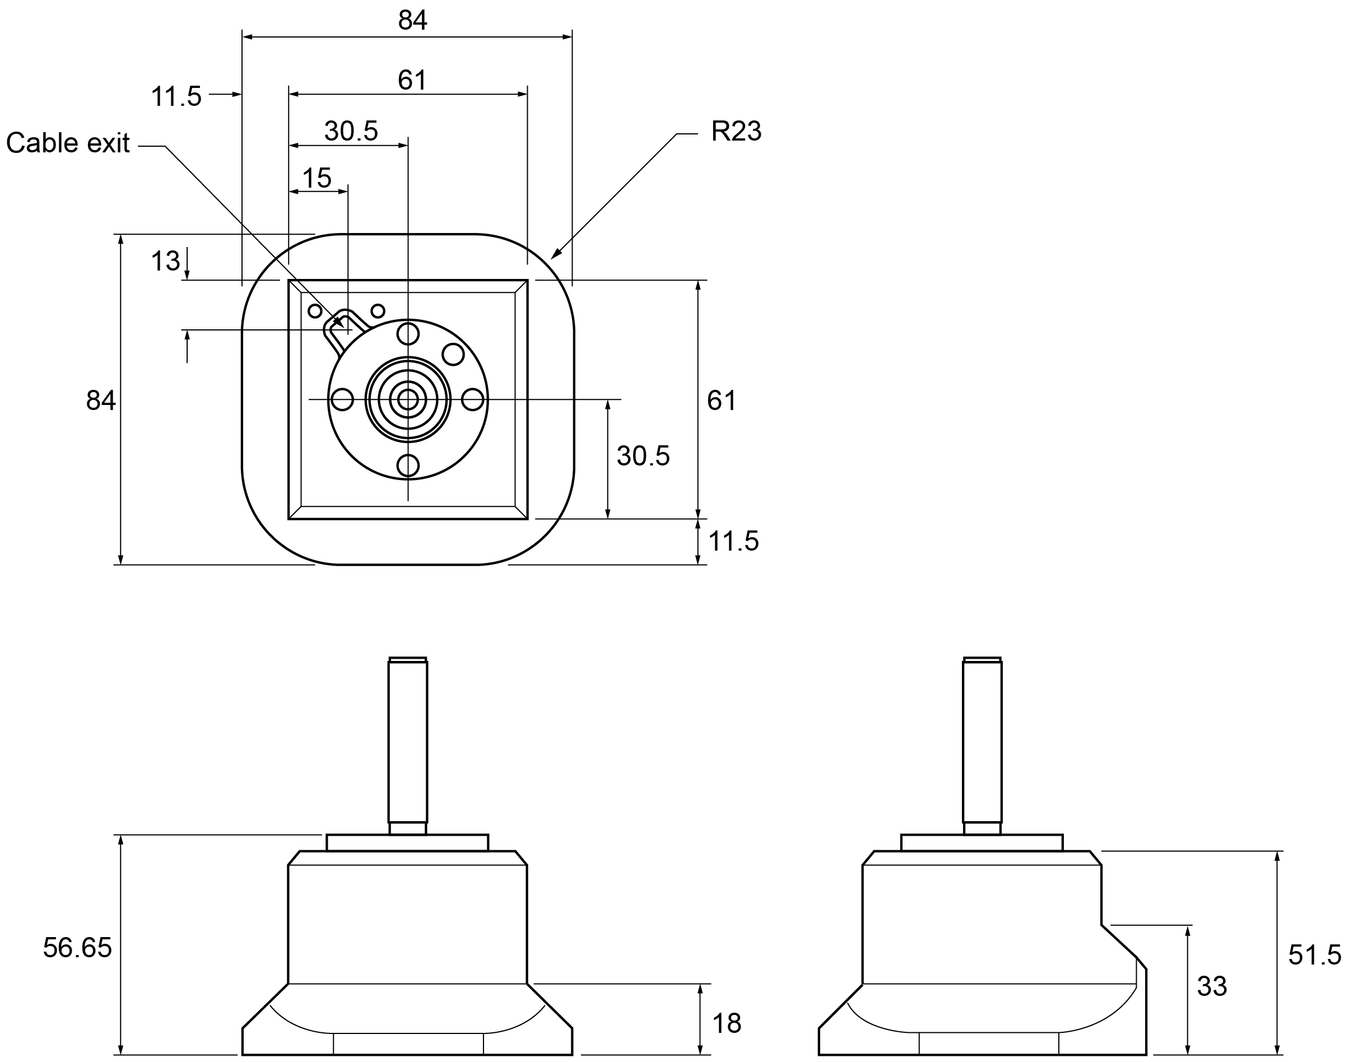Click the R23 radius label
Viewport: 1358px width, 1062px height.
736,131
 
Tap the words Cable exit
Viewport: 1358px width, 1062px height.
68,143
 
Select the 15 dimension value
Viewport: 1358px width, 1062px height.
317,179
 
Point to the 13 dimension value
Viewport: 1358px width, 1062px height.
165,261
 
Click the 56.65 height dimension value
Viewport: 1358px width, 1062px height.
77,948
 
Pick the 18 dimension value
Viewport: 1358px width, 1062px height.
726,1023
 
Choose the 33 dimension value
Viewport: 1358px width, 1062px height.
1212,986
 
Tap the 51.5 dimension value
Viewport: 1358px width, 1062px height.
1314,955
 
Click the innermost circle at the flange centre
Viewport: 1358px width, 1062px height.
408,400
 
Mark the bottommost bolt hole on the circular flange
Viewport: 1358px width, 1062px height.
408,465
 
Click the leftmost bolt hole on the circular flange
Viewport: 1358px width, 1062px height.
343,400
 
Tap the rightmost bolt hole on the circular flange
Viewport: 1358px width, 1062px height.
473,400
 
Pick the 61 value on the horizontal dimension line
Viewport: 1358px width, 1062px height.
412,80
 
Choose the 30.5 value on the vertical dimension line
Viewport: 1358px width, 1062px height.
643,457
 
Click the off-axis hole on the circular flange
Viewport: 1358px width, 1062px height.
453,355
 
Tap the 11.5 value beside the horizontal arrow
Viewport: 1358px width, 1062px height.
176,97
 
